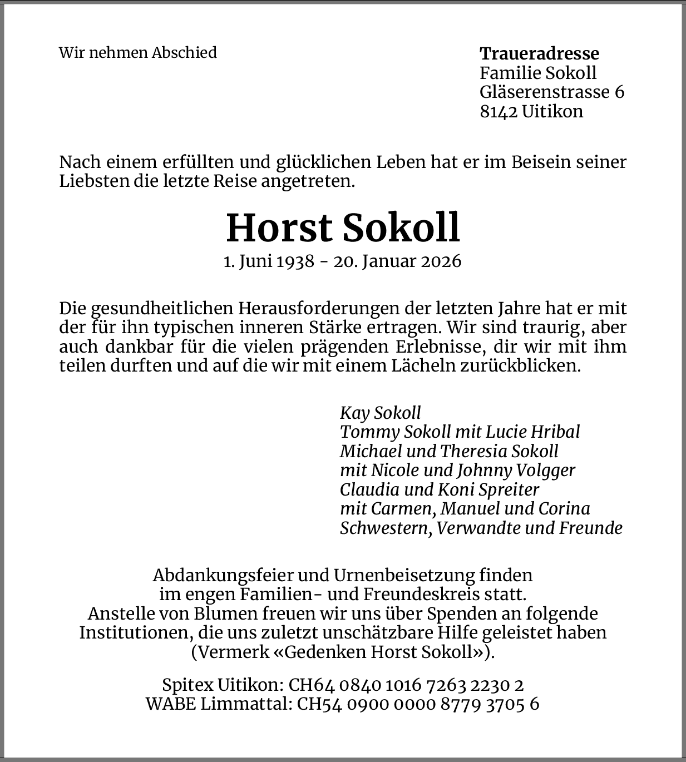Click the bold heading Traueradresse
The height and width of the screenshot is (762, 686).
(539, 54)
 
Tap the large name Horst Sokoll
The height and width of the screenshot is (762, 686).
(343, 228)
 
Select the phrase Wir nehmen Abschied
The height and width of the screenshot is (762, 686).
(138, 53)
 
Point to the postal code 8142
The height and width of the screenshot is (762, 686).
(499, 111)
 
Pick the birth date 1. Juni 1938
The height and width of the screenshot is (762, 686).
(269, 261)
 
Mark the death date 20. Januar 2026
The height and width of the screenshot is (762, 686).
(397, 261)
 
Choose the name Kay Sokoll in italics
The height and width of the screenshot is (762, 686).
(380, 413)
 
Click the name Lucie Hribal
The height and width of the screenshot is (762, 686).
(533, 432)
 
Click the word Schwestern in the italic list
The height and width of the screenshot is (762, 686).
(384, 528)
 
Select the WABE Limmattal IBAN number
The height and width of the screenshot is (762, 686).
(418, 704)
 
